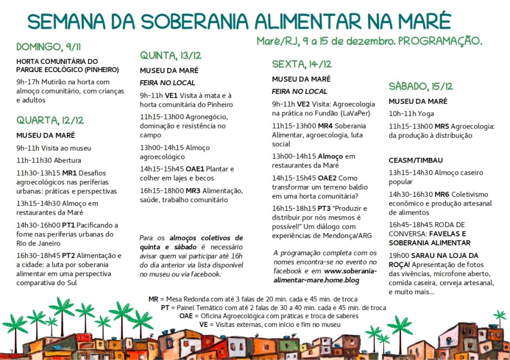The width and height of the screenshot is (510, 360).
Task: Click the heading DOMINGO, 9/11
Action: pos(49,47)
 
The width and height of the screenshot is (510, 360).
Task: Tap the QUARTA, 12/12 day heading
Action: pos(50,120)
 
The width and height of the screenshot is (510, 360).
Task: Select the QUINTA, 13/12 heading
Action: pos(170,56)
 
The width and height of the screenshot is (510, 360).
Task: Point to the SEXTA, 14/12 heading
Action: pos(302,65)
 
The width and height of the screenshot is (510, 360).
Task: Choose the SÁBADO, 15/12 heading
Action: pos(420,87)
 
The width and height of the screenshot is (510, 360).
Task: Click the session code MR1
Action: pos(69,172)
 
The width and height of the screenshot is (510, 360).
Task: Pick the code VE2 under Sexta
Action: pos(303,104)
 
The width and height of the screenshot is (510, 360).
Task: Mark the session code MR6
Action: pos(442,194)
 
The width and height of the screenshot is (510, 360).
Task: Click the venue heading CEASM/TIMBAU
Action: pos(416,160)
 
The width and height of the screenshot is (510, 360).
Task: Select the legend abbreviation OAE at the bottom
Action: pos(186,316)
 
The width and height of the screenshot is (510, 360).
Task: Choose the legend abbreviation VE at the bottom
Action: pos(203,324)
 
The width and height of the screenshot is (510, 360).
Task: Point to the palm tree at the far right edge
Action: pos(500,316)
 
